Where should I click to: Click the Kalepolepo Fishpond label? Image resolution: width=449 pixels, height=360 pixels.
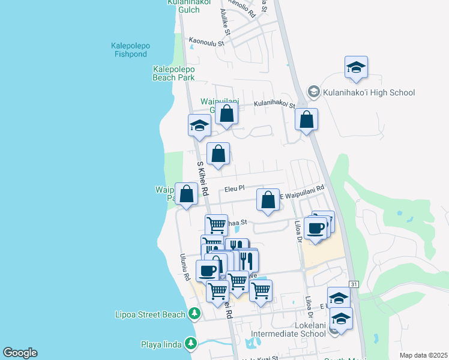(x=131, y=49)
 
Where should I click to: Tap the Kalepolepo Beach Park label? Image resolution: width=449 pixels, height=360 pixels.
(x=173, y=73)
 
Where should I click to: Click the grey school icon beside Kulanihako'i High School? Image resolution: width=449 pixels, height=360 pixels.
(x=313, y=92)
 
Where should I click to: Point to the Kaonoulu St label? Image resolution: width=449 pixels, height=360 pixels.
(x=206, y=42)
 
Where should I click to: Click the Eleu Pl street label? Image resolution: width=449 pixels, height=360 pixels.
(x=235, y=188)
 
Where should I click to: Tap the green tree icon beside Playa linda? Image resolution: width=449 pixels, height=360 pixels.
(x=191, y=344)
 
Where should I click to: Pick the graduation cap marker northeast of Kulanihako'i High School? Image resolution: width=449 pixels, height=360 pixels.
(x=356, y=67)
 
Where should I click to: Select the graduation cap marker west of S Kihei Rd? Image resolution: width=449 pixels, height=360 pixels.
(x=199, y=125)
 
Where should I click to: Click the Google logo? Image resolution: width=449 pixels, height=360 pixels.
(x=20, y=353)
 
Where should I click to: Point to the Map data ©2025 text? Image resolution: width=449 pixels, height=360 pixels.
(x=423, y=355)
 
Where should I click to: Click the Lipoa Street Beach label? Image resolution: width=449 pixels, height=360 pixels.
(x=150, y=314)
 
